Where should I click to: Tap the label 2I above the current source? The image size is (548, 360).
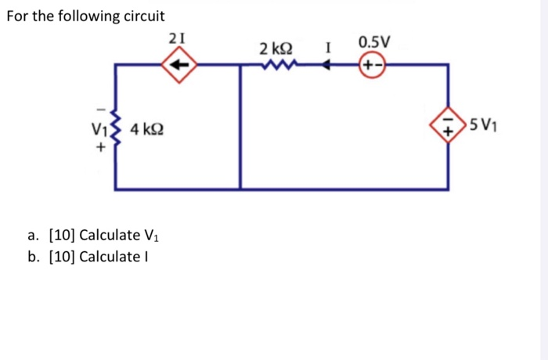tap(178, 36)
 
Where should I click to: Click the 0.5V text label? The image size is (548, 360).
tap(373, 41)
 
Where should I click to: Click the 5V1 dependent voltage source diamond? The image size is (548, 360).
tap(448, 127)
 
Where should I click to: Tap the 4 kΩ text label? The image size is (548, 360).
tap(147, 128)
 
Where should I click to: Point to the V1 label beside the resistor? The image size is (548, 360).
tap(99, 128)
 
